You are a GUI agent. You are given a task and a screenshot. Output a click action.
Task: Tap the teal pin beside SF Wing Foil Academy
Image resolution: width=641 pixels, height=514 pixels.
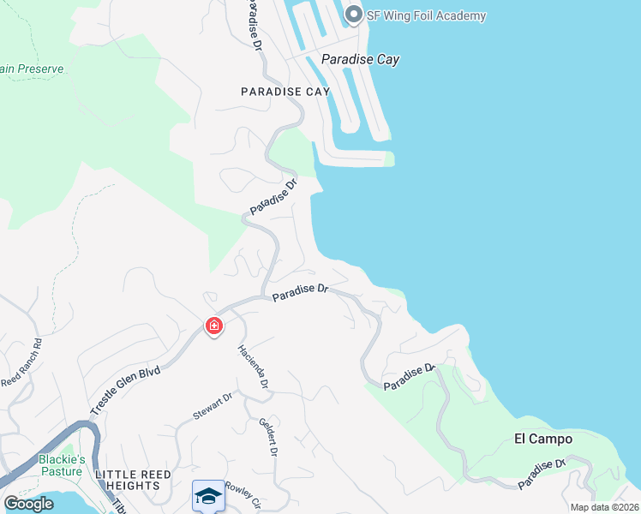coord(353,15)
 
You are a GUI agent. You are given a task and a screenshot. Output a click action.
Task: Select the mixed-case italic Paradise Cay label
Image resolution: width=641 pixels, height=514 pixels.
coord(360,60)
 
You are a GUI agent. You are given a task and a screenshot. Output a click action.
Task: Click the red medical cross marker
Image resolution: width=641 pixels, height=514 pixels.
coord(213,326)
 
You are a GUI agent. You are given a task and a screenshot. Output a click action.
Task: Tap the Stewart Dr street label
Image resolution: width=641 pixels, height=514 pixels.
coord(213,407)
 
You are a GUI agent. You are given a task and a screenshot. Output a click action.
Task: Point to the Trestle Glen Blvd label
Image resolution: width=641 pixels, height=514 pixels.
coord(128,382)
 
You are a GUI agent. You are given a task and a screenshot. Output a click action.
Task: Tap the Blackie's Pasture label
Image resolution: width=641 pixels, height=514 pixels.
coord(63,465)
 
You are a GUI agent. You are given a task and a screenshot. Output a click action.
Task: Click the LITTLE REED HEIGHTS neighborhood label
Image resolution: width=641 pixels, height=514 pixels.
coord(133,480)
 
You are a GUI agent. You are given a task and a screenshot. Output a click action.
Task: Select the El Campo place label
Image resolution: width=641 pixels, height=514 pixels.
coord(542,439)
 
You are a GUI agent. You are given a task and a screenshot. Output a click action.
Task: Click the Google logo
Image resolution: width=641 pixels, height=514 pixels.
coord(29,504)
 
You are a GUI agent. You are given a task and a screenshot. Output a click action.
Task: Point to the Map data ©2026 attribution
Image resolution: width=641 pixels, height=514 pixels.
coord(604,507)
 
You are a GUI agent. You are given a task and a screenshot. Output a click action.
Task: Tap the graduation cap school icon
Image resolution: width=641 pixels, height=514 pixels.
coord(208,495)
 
